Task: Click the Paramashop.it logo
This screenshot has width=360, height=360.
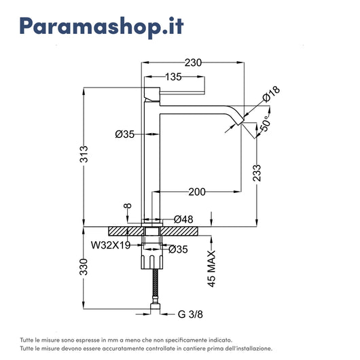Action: click(101, 26)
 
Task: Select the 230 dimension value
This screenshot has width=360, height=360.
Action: click(193, 62)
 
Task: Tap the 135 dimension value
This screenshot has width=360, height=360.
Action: click(173, 77)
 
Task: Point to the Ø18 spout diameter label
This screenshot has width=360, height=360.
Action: click(272, 94)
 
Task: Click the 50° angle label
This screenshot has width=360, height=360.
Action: click(265, 124)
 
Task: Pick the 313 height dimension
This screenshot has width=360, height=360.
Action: click(84, 154)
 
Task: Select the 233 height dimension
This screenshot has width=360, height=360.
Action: click(257, 173)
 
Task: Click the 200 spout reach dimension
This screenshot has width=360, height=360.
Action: click(197, 192)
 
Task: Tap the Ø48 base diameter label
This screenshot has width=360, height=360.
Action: click(183, 219)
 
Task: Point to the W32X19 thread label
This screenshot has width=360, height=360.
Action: click(111, 245)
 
